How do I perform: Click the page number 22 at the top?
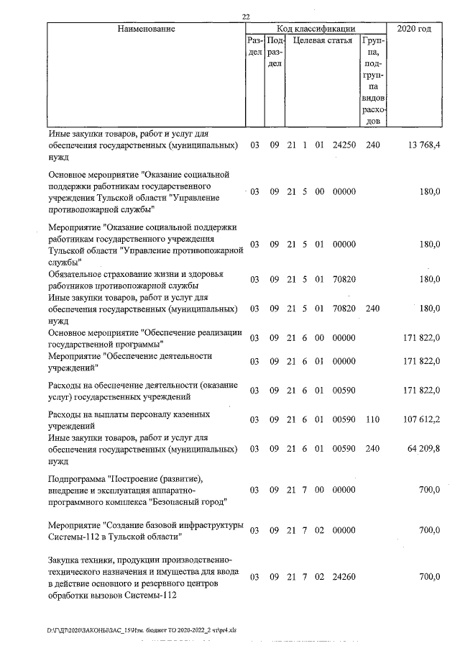point(247,17)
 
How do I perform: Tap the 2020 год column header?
point(413,29)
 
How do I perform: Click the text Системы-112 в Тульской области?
point(114,536)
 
